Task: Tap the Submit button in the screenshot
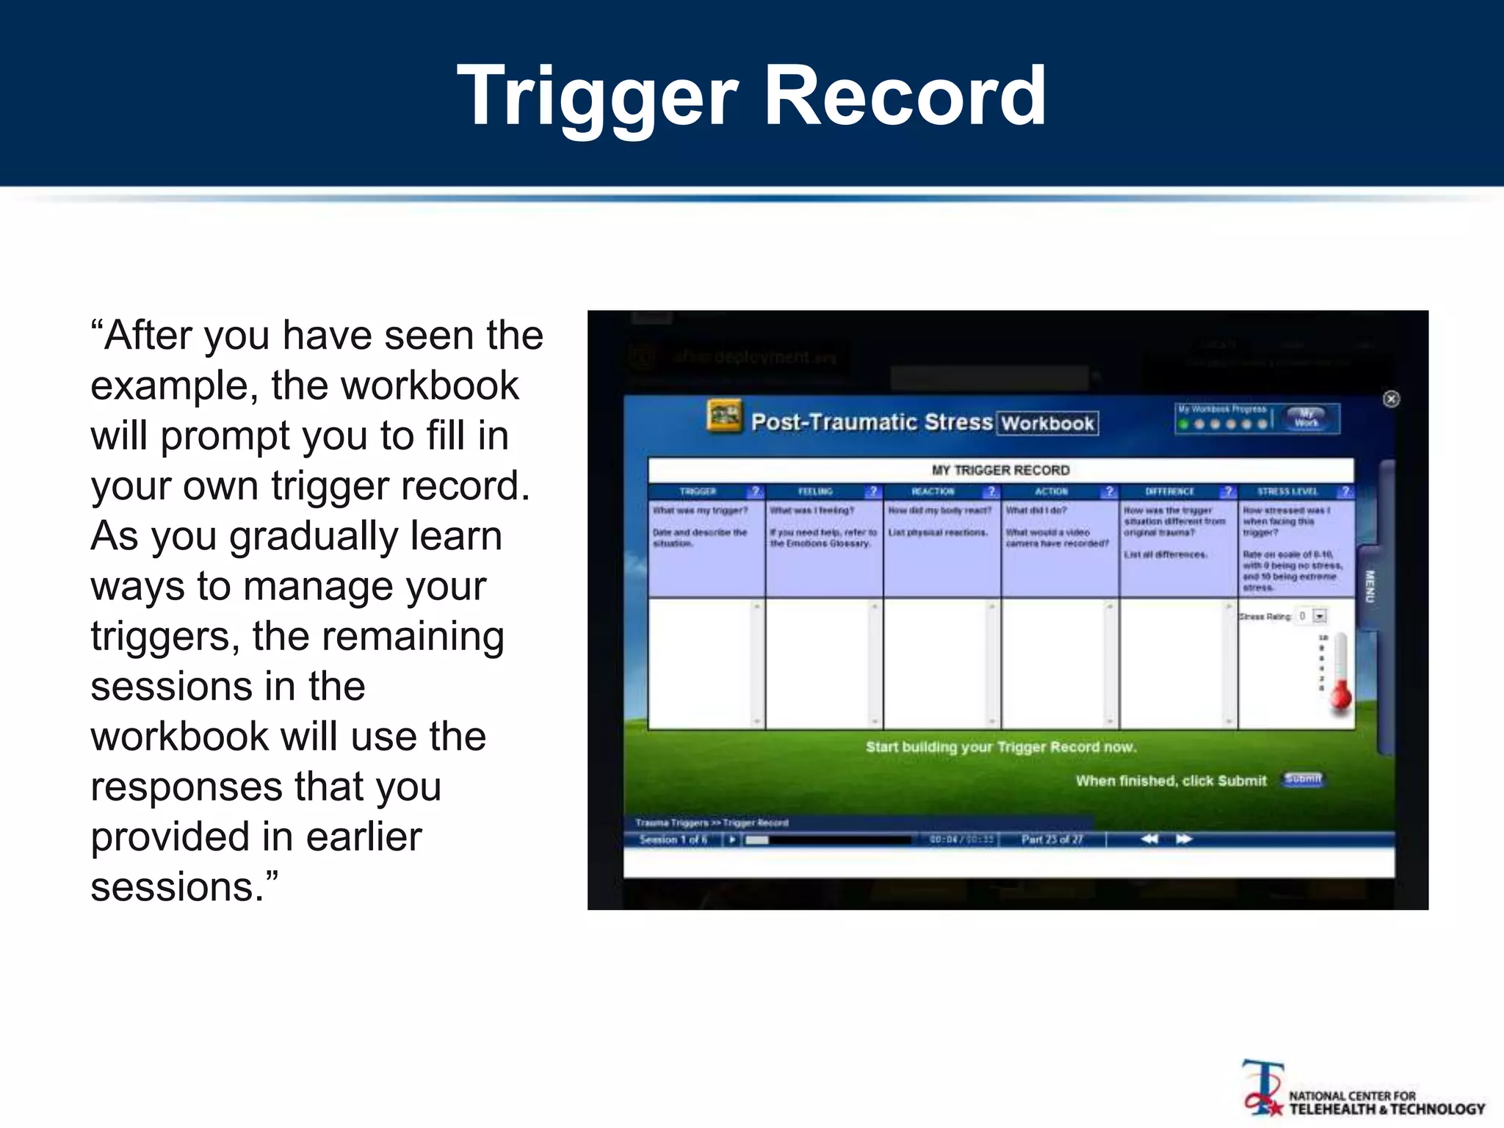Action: tap(1303, 779)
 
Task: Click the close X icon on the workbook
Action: tap(1391, 399)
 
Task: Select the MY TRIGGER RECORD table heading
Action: tap(1000, 470)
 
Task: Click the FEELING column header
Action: tap(815, 491)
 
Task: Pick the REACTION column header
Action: tap(933, 491)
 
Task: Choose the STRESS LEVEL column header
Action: tap(1287, 491)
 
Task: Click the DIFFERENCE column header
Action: tap(1169, 491)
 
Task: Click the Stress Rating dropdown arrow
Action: tap(1320, 616)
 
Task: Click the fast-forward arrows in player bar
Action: tap(1184, 839)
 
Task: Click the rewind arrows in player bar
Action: tap(1149, 839)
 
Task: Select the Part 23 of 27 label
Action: tap(1052, 839)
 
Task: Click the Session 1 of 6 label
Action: tap(673, 839)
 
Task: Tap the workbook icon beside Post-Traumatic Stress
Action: tap(723, 416)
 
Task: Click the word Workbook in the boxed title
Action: tap(1047, 423)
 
